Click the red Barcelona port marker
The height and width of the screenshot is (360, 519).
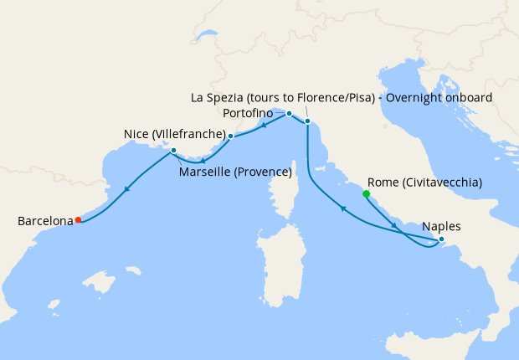pyautogui.click(x=78, y=220)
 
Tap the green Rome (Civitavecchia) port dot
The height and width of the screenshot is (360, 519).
pyautogui.click(x=366, y=193)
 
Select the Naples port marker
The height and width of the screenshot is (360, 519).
pyautogui.click(x=441, y=240)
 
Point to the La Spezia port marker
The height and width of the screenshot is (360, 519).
pyautogui.click(x=307, y=121)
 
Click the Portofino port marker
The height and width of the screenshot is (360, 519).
pyautogui.click(x=289, y=113)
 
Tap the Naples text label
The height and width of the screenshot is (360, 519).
pyautogui.click(x=441, y=226)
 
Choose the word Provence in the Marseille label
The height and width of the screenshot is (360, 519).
pyautogui.click(x=261, y=173)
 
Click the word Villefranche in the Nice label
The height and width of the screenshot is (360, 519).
pyautogui.click(x=192, y=135)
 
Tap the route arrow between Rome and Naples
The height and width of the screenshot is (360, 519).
pyautogui.click(x=393, y=226)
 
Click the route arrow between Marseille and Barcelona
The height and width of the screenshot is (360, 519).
pyautogui.click(x=126, y=189)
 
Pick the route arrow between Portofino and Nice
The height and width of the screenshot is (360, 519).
pyautogui.click(x=264, y=126)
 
